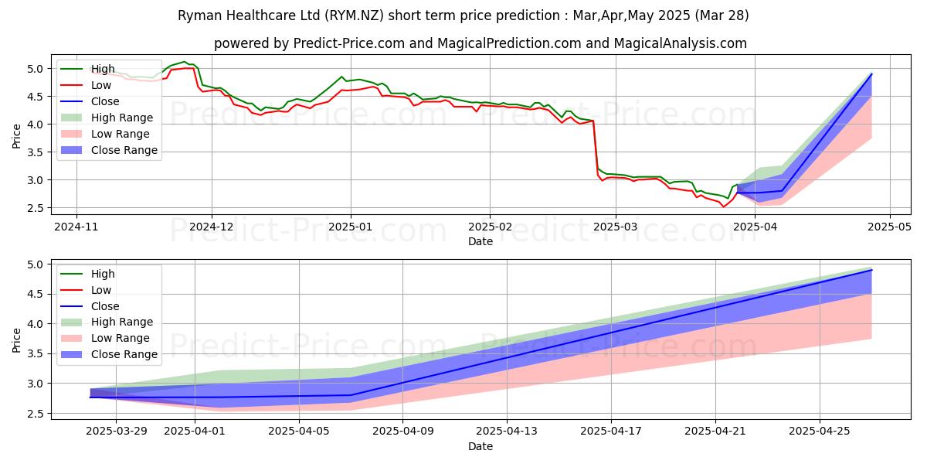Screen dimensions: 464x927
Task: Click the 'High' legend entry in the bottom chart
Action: click(x=103, y=274)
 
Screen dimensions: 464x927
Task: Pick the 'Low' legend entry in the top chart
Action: click(x=101, y=85)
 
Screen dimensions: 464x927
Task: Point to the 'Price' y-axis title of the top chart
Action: click(x=17, y=135)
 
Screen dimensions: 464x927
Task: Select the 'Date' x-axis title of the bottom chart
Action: click(x=480, y=447)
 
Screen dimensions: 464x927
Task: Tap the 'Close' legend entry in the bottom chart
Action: click(x=105, y=306)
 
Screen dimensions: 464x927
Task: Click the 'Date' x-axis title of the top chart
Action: click(x=480, y=242)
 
